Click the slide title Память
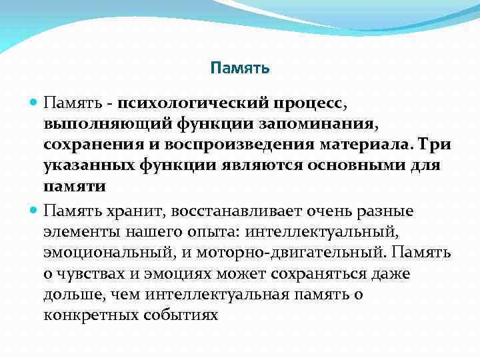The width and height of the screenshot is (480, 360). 239,68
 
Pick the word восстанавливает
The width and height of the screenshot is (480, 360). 237,211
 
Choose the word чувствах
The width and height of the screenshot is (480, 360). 94,273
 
